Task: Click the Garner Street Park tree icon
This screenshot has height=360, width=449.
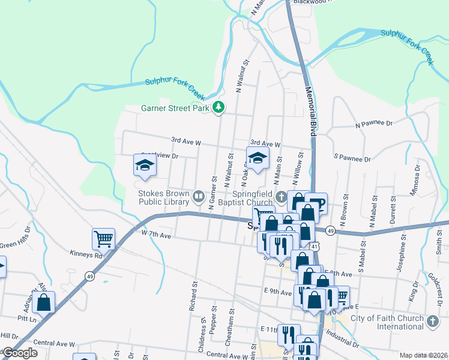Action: click(219, 108)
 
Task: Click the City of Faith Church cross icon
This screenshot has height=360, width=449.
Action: click(432, 322)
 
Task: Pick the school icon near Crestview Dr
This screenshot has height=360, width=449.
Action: click(145, 165)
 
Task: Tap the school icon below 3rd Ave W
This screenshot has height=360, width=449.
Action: click(258, 158)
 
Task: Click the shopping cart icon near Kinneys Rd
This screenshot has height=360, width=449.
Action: click(103, 239)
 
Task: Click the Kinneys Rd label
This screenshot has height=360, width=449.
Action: click(86, 254)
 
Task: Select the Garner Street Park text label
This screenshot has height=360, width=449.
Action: click(175, 109)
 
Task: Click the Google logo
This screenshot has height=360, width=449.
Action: click(20, 353)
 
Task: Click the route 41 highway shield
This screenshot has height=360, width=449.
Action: click(315, 246)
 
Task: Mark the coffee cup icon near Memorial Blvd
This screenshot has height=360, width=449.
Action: click(316, 203)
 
